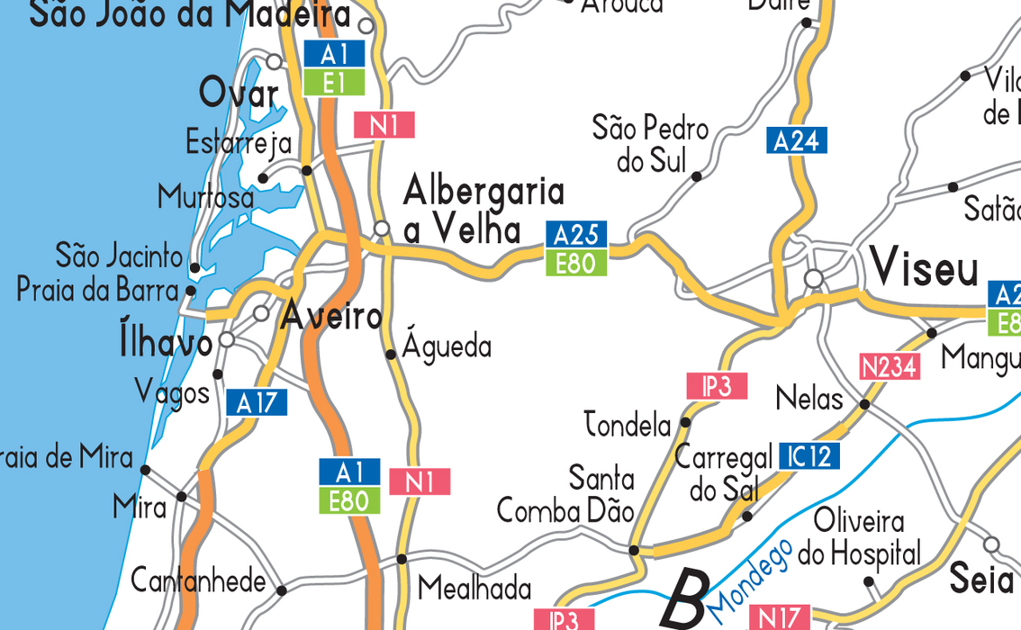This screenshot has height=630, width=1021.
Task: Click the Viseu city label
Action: [x=924, y=268]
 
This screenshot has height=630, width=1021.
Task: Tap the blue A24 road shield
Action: [x=797, y=140]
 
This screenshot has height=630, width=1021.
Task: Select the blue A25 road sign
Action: [x=576, y=235]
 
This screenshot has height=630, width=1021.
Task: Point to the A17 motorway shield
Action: [x=258, y=402]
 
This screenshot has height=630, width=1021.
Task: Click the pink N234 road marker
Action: [x=890, y=366]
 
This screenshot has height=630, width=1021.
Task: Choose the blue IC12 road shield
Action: [x=809, y=455]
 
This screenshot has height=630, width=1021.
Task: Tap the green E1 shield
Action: [x=334, y=83]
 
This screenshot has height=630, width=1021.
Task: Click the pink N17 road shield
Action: [x=779, y=617]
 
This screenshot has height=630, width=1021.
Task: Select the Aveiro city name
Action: [x=332, y=317]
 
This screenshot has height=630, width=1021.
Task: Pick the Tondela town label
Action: [x=628, y=424]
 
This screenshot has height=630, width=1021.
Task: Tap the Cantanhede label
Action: [x=199, y=581]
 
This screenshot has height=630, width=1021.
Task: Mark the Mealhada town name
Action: [x=474, y=589]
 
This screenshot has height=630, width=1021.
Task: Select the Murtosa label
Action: [x=206, y=196]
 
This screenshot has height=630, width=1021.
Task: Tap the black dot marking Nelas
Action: [x=864, y=405]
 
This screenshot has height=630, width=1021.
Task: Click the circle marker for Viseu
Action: [x=814, y=279]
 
